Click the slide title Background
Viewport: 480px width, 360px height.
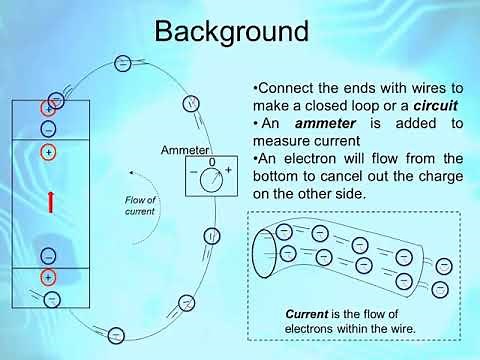(x=231, y=31)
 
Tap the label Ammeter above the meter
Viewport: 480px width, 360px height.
(x=184, y=150)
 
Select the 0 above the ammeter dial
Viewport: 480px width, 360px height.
(x=211, y=161)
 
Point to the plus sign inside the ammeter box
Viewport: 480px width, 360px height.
(x=228, y=171)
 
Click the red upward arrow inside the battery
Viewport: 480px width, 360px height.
(x=49, y=202)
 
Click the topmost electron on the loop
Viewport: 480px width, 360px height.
(x=122, y=63)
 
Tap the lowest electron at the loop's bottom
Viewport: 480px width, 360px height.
(x=116, y=334)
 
